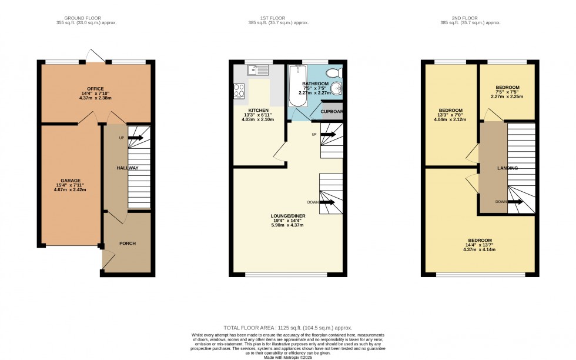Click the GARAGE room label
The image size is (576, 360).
tap(70, 181)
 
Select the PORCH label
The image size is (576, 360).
tap(128, 243)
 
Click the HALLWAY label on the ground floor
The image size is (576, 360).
tap(127, 168)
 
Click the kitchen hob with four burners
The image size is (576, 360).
tap(240, 91)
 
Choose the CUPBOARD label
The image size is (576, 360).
tap(331, 111)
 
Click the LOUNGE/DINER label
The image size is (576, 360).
tap(288, 216)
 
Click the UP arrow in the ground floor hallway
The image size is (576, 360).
tap(135, 138)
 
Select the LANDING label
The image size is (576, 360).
tap(507, 168)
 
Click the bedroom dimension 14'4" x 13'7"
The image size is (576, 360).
tap(479, 244)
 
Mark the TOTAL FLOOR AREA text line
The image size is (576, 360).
tap(288, 327)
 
